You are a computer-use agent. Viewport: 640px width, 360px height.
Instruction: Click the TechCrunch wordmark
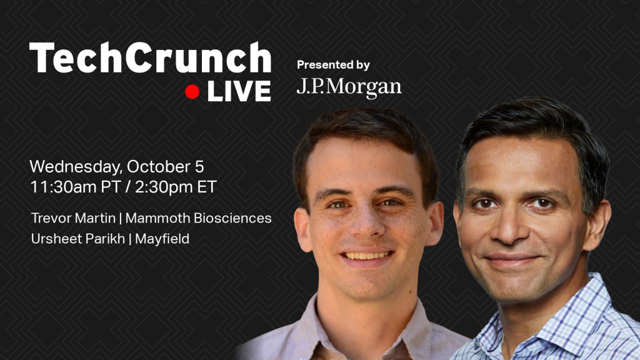pos(150,57)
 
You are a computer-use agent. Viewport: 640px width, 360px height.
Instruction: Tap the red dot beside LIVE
pos(192,92)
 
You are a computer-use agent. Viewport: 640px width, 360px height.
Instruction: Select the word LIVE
pos(239,91)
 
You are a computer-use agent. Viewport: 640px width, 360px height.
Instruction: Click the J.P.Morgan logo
pos(349,87)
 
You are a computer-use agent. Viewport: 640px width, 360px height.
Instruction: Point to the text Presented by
pos(333,65)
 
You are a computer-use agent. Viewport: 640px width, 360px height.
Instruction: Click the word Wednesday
pos(76,167)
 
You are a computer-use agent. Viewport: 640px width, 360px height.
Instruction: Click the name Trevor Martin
pos(74,218)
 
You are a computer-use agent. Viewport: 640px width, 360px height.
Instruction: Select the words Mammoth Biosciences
pos(198,218)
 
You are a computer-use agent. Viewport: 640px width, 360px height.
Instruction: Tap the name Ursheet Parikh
pos(78,238)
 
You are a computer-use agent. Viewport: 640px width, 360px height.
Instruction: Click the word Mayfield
pos(162,239)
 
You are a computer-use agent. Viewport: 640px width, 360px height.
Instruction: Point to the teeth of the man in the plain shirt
pos(366,256)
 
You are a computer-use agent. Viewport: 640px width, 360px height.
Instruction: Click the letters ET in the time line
pos(206,187)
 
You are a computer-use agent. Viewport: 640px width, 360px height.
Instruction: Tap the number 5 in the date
pos(199,167)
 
